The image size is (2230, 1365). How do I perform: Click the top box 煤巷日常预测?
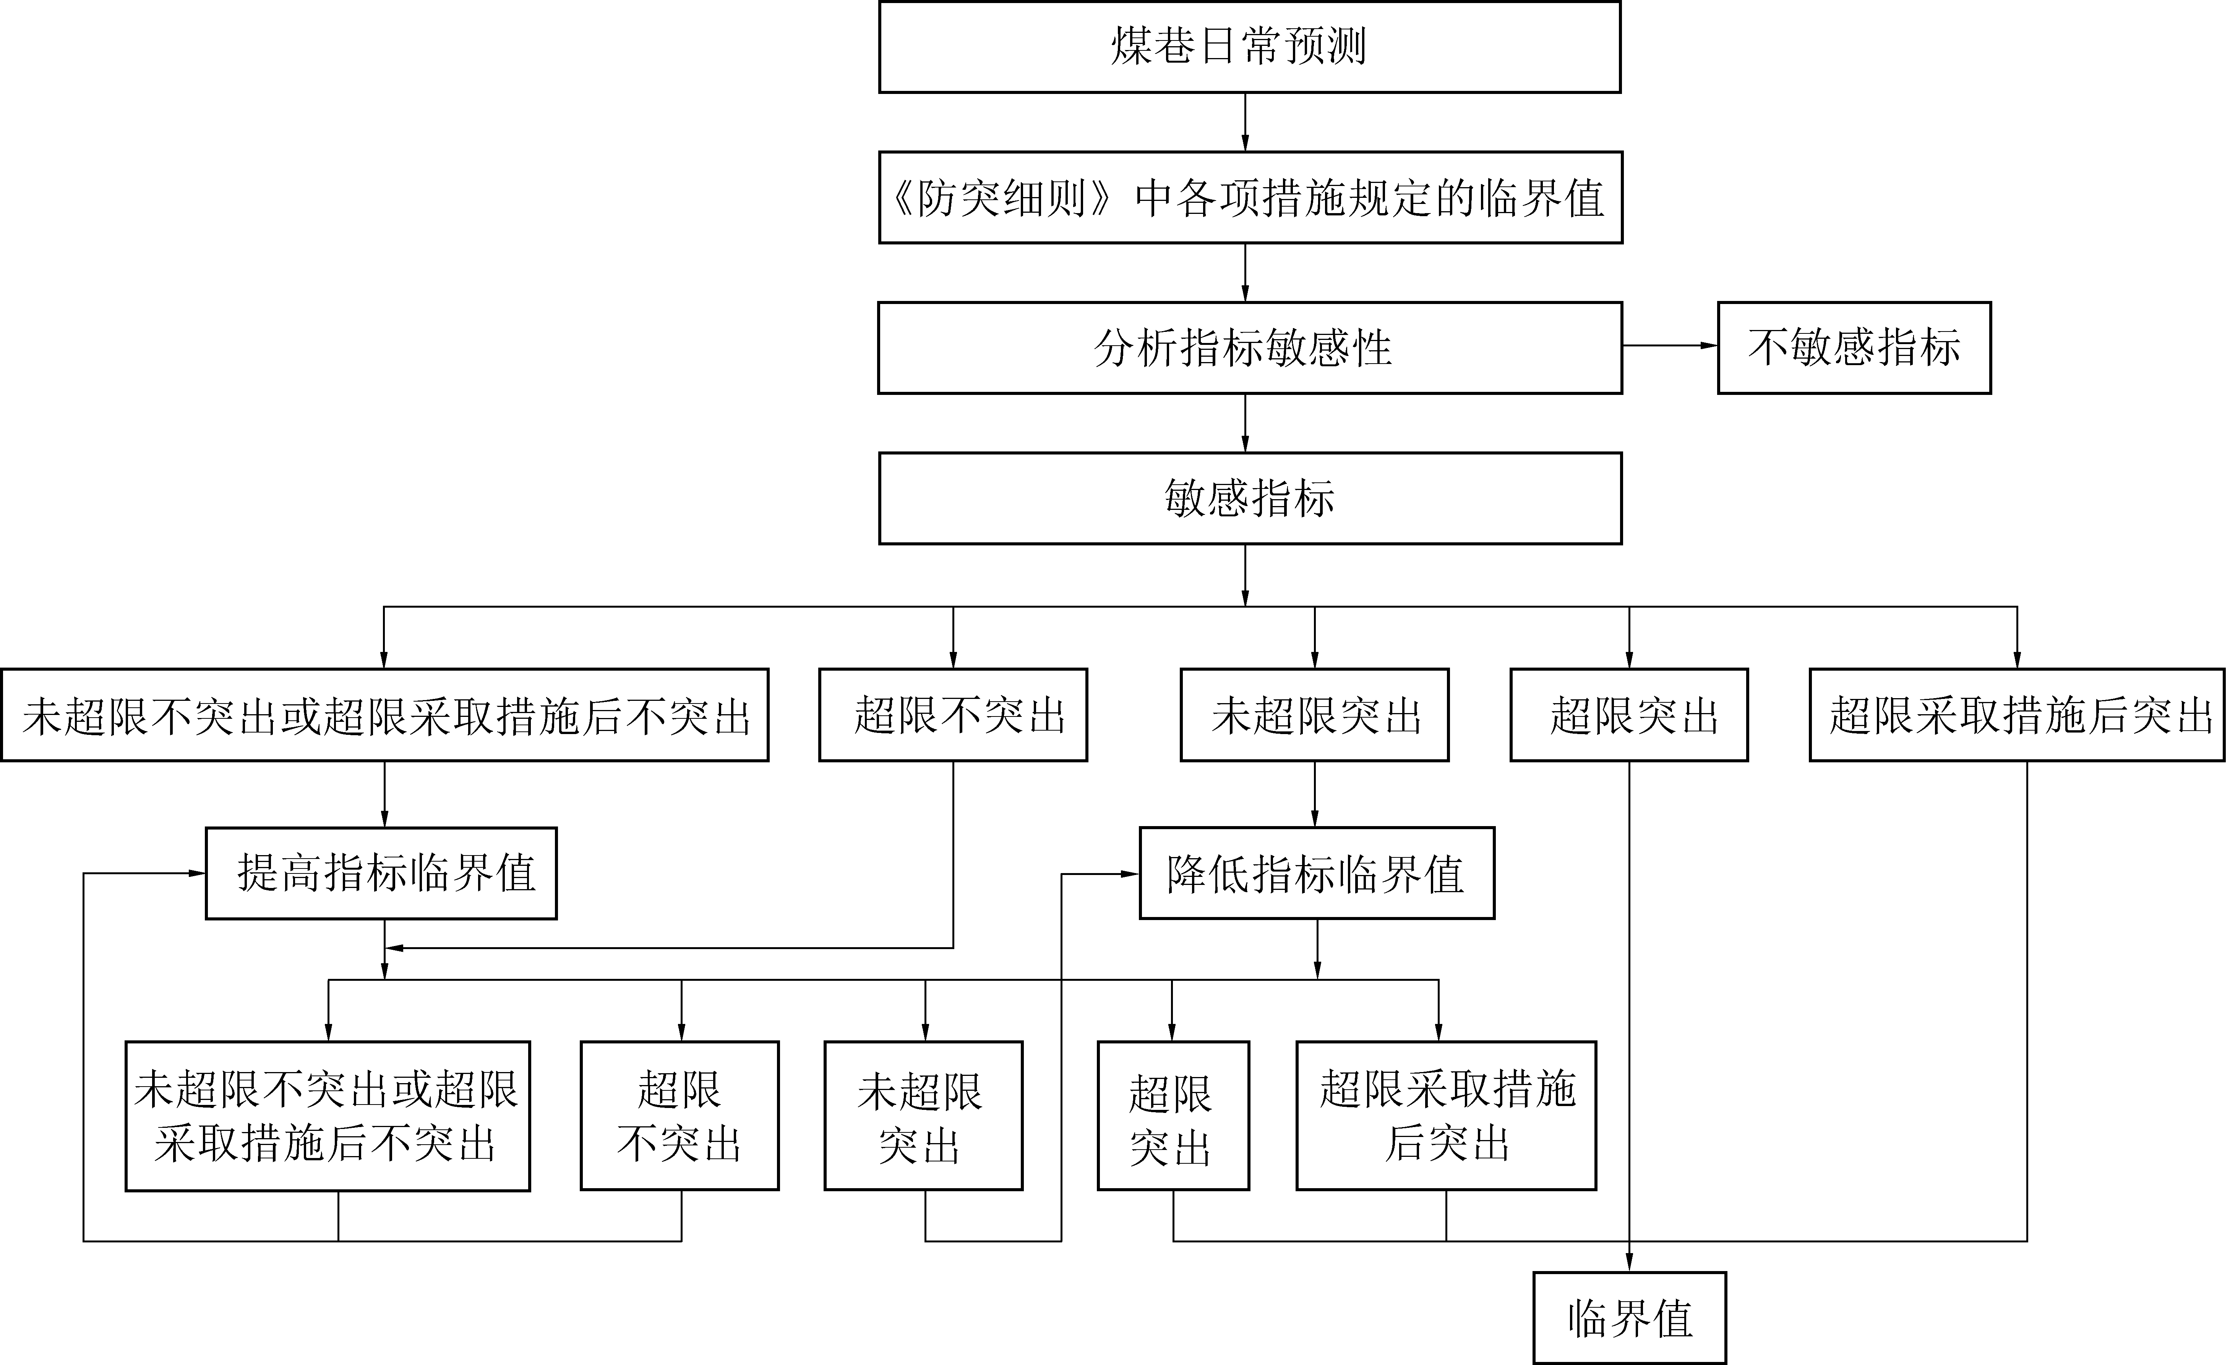tap(1249, 47)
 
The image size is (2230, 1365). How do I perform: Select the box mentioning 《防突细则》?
tap(1250, 197)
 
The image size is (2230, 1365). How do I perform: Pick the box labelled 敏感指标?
tap(1249, 498)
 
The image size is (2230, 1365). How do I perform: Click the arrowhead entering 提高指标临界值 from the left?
tap(196, 874)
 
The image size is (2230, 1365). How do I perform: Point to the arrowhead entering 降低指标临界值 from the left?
tap(1129, 874)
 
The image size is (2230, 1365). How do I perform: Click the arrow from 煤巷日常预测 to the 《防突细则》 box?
tap(1246, 122)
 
